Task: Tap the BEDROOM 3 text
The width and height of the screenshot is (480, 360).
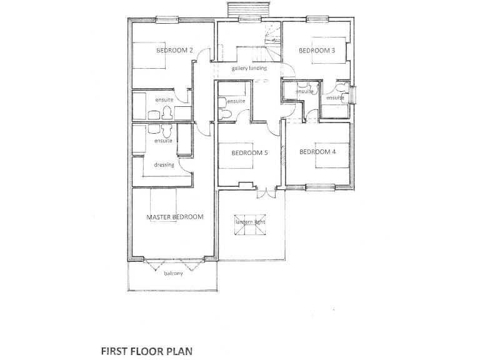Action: [x=317, y=51]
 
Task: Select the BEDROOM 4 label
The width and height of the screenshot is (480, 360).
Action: [x=317, y=152]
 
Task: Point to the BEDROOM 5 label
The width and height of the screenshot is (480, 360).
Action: [x=249, y=152]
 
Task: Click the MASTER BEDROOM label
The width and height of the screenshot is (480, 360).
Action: [x=175, y=217]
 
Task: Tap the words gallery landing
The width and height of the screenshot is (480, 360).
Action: [x=249, y=68]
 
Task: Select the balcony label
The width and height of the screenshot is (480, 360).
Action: [x=173, y=274]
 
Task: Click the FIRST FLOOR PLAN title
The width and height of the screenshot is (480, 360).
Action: [x=147, y=351]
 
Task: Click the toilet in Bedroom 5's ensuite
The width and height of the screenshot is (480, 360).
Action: [x=224, y=114]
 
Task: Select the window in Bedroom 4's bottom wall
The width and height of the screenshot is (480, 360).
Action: [x=319, y=186]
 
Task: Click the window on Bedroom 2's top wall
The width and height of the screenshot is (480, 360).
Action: [x=167, y=20]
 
